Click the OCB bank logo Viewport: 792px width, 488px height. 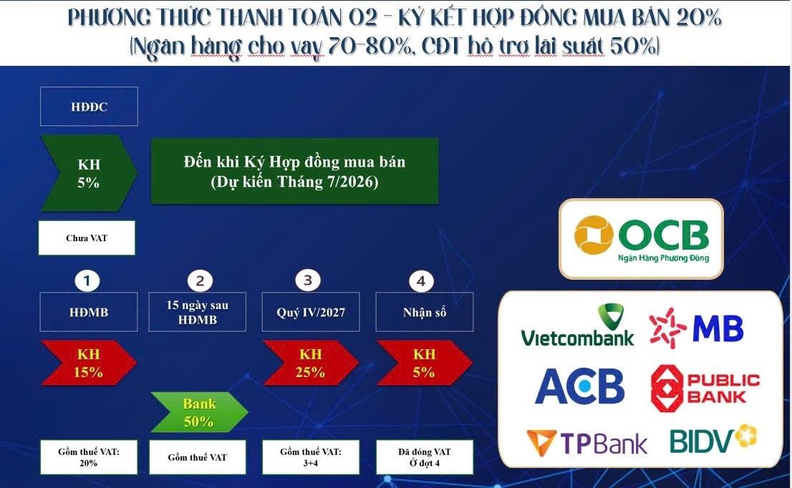(642, 239)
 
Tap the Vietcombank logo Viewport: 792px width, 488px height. (577, 326)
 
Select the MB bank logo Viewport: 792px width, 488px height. (696, 328)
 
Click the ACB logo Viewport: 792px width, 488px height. (579, 386)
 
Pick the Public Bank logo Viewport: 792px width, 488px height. (705, 388)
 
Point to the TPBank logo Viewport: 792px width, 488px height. (586, 443)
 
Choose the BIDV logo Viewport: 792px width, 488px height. (713, 439)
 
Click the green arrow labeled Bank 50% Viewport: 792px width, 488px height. (199, 412)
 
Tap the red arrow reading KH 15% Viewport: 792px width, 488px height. (88, 363)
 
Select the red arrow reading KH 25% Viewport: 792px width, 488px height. (310, 363)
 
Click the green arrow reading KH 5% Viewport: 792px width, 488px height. (88, 173)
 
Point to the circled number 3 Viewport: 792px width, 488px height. (308, 280)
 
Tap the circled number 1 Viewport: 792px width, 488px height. (87, 280)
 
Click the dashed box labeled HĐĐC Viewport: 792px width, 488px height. (89, 107)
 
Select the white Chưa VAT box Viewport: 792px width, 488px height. (87, 238)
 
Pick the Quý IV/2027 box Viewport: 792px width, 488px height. (311, 312)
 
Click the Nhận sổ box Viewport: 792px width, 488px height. (424, 312)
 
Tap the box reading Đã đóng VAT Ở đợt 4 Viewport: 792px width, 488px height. (424, 457)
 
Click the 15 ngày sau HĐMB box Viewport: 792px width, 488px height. (198, 312)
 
